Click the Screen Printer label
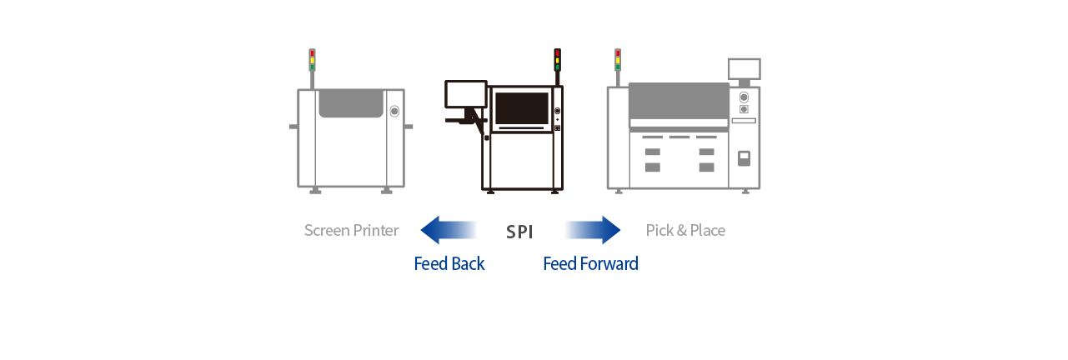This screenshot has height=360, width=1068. pyautogui.click(x=351, y=230)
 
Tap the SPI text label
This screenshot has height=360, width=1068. pyautogui.click(x=519, y=232)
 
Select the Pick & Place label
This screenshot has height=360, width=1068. pyautogui.click(x=685, y=230)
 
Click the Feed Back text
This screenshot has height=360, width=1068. pyautogui.click(x=449, y=264)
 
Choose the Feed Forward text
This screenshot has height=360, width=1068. pyautogui.click(x=590, y=264)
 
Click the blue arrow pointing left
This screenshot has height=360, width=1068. pyautogui.click(x=449, y=230)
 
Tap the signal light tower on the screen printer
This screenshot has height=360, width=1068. pyautogui.click(x=312, y=61)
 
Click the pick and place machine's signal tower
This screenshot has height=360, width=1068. pyautogui.click(x=618, y=61)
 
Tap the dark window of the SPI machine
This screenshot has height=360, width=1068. pyautogui.click(x=522, y=108)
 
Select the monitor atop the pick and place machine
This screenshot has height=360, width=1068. pyautogui.click(x=744, y=68)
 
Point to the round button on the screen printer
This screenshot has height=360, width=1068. pyautogui.click(x=394, y=111)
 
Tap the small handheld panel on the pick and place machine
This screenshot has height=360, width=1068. pyautogui.click(x=744, y=157)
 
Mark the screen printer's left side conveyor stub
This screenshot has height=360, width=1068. pyautogui.click(x=293, y=127)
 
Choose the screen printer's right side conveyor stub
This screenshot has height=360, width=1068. pyautogui.click(x=409, y=127)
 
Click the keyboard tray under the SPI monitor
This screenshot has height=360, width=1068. pyautogui.click(x=462, y=120)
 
